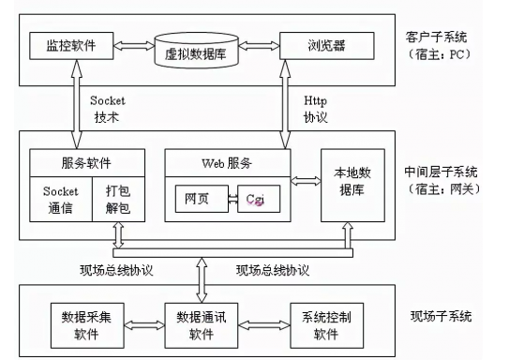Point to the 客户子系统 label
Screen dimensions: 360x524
pyautogui.click(x=437, y=36)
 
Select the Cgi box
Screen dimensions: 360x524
pyautogui.click(x=257, y=199)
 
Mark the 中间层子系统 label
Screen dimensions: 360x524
pyautogui.click(x=440, y=172)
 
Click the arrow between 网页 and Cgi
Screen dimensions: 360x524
pyautogui.click(x=228, y=199)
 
